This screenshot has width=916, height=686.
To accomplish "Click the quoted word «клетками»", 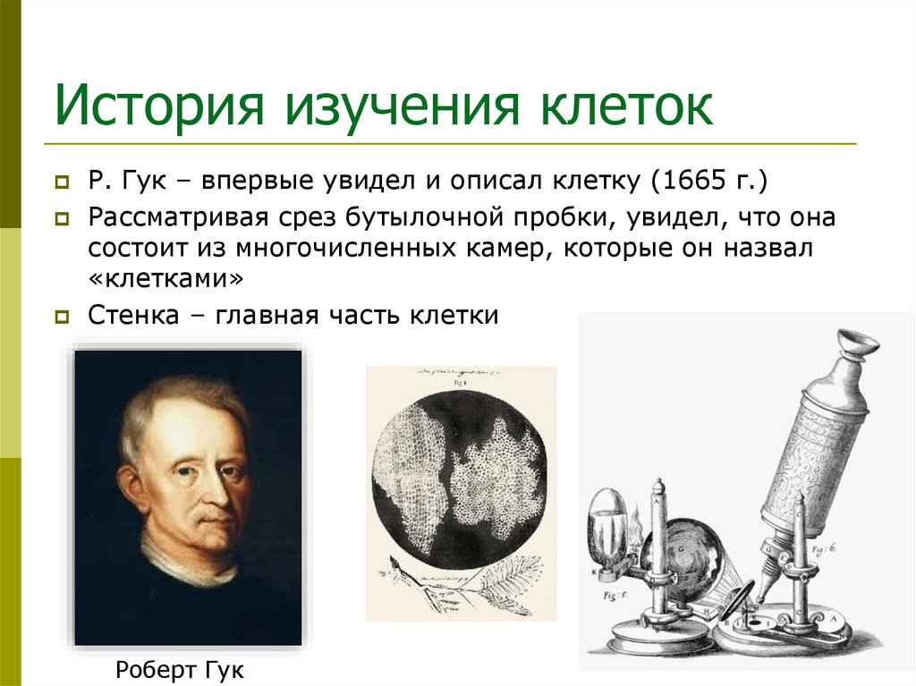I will tap(165, 279).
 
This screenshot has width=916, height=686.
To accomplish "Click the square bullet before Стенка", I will tap(63, 317).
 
